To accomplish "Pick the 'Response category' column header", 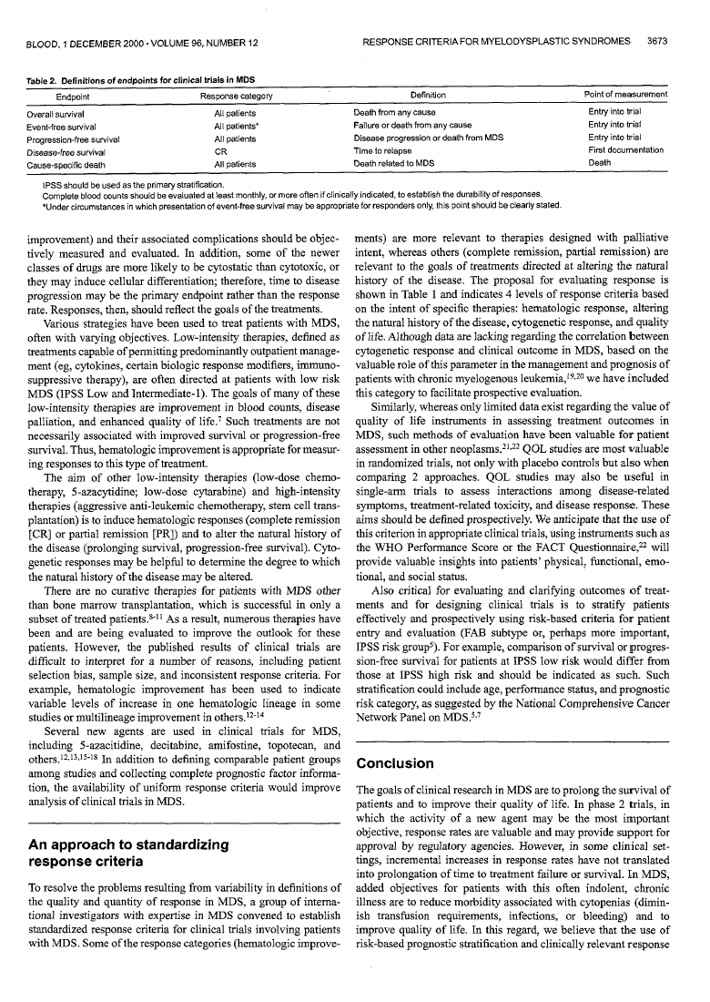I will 236,95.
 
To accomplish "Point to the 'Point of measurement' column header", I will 625,95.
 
